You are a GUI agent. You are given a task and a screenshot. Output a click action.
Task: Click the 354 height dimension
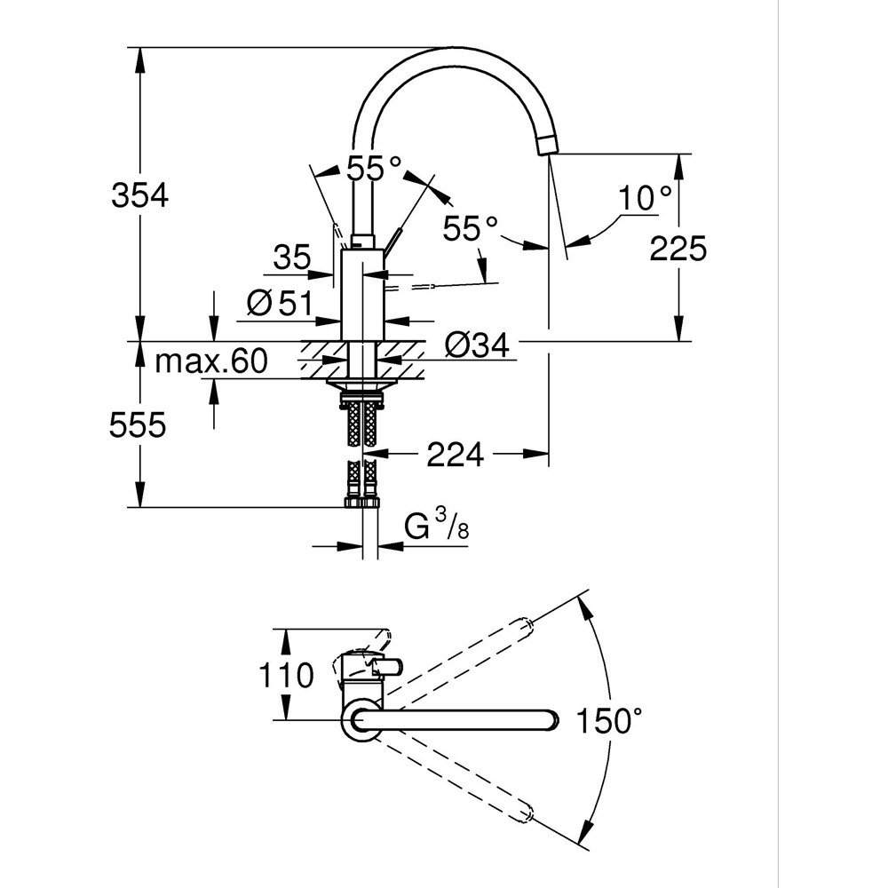click(x=139, y=194)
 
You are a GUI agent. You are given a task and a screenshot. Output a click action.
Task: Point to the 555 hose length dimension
click(x=138, y=426)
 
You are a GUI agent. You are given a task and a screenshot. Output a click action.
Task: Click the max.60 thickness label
click(x=210, y=361)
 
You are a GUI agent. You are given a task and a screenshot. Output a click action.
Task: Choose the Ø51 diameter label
click(x=278, y=304)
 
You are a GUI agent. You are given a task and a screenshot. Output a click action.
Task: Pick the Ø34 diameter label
click(x=478, y=345)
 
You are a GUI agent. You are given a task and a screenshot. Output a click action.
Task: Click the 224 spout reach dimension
click(x=456, y=455)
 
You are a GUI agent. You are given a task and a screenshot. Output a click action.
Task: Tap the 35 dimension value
click(x=291, y=258)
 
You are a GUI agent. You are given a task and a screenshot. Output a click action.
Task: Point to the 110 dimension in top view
click(x=285, y=676)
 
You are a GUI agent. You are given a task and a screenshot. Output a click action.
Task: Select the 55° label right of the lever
click(x=470, y=229)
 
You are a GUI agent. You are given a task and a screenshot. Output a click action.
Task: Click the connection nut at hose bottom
click(x=361, y=503)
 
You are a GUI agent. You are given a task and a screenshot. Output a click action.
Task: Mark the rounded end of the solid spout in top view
click(x=550, y=719)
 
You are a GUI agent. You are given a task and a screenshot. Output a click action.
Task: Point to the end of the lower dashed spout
click(x=527, y=811)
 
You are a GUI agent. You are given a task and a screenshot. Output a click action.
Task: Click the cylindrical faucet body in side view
click(x=362, y=294)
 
